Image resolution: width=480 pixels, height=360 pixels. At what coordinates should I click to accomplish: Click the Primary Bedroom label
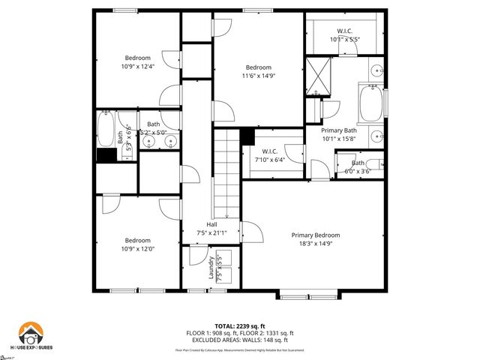(316, 235)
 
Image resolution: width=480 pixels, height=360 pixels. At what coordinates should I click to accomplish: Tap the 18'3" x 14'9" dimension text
(316, 243)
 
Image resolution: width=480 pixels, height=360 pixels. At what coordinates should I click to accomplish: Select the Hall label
(212, 224)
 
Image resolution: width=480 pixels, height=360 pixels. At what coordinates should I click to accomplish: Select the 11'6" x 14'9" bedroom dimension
(257, 75)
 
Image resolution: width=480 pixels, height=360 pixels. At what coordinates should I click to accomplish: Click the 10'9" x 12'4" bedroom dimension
(137, 67)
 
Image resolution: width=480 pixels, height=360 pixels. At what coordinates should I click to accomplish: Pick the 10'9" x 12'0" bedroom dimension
(137, 249)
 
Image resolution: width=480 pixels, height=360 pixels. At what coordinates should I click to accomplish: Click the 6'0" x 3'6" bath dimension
(358, 170)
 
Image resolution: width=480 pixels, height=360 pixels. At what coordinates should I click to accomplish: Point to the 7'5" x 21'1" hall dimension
(212, 232)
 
